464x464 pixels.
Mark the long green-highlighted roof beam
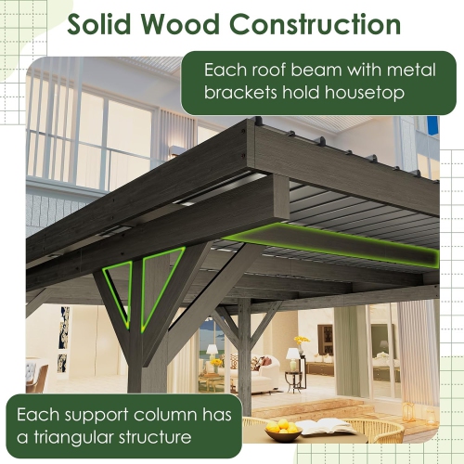[x=334, y=246]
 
